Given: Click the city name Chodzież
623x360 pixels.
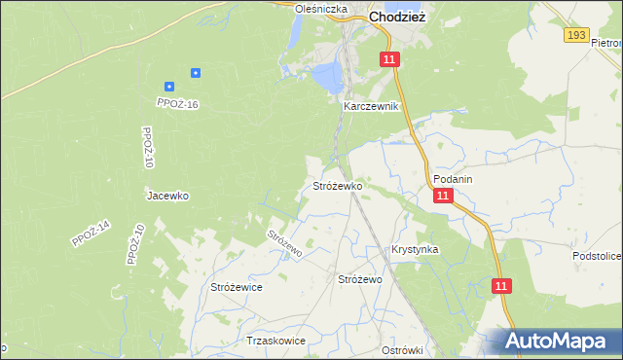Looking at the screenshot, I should (397, 17).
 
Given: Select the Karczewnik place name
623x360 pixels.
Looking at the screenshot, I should (371, 106).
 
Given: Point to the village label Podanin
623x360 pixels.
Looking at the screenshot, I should (453, 180).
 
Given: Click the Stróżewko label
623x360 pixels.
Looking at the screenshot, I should (337, 185).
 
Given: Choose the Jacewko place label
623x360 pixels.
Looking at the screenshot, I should (167, 196).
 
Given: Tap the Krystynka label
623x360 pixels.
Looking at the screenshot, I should (415, 249).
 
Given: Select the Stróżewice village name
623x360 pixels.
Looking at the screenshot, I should (237, 287).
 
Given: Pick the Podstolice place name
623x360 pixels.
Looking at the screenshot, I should (597, 255).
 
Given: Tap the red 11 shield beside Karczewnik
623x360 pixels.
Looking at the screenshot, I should (389, 60).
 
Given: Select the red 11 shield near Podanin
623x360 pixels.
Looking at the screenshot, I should (443, 196).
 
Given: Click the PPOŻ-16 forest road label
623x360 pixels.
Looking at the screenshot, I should (177, 103).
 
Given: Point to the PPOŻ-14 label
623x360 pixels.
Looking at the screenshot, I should (92, 234).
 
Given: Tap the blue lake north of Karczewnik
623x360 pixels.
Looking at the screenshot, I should (327, 73).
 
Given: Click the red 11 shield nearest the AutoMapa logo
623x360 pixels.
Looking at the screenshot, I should (500, 286).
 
